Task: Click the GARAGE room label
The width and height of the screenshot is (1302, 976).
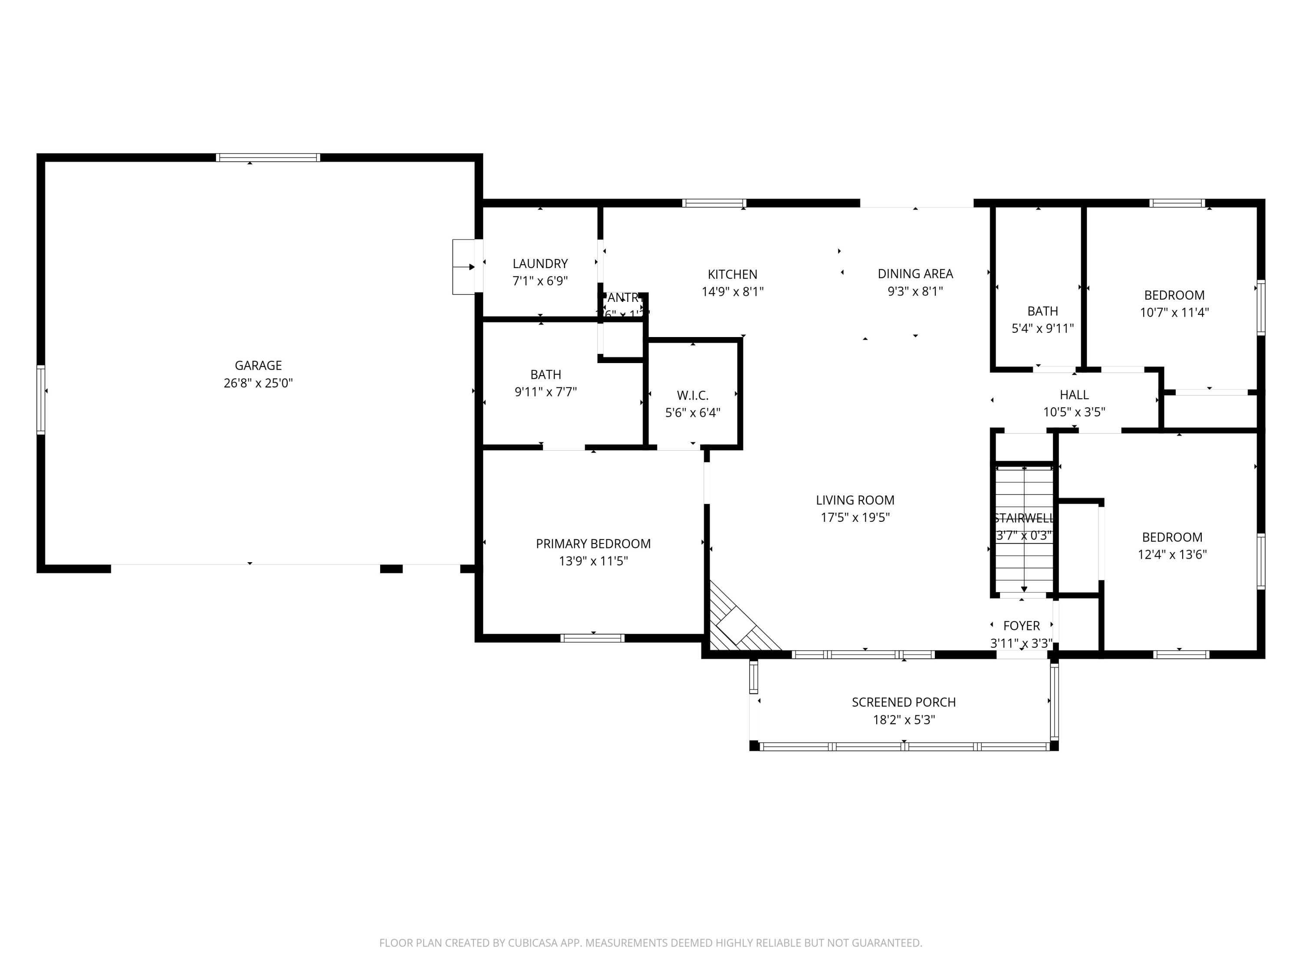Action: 258,365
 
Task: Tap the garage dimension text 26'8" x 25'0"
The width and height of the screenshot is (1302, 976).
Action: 258,383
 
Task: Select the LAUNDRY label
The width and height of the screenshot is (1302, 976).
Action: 540,264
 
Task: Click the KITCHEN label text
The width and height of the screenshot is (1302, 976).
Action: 732,274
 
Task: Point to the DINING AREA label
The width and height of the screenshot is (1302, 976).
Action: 915,274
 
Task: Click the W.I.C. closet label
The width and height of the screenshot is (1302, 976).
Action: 692,395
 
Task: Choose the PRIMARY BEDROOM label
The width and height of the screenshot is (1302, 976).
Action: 593,544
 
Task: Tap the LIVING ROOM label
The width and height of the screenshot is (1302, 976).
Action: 855,500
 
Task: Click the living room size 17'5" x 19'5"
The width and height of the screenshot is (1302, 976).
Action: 855,517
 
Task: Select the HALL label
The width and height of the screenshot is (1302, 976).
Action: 1074,395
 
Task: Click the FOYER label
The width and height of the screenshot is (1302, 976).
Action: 1021,626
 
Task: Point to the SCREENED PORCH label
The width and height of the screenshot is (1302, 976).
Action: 904,702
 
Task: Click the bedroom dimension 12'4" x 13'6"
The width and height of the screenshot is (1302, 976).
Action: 1172,554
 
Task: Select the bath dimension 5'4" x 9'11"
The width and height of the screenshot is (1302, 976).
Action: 1042,328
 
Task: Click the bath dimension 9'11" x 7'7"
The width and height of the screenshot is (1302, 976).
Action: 546,392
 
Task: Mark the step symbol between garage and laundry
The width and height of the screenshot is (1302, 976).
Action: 464,267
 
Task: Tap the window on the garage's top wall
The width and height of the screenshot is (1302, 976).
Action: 268,157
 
